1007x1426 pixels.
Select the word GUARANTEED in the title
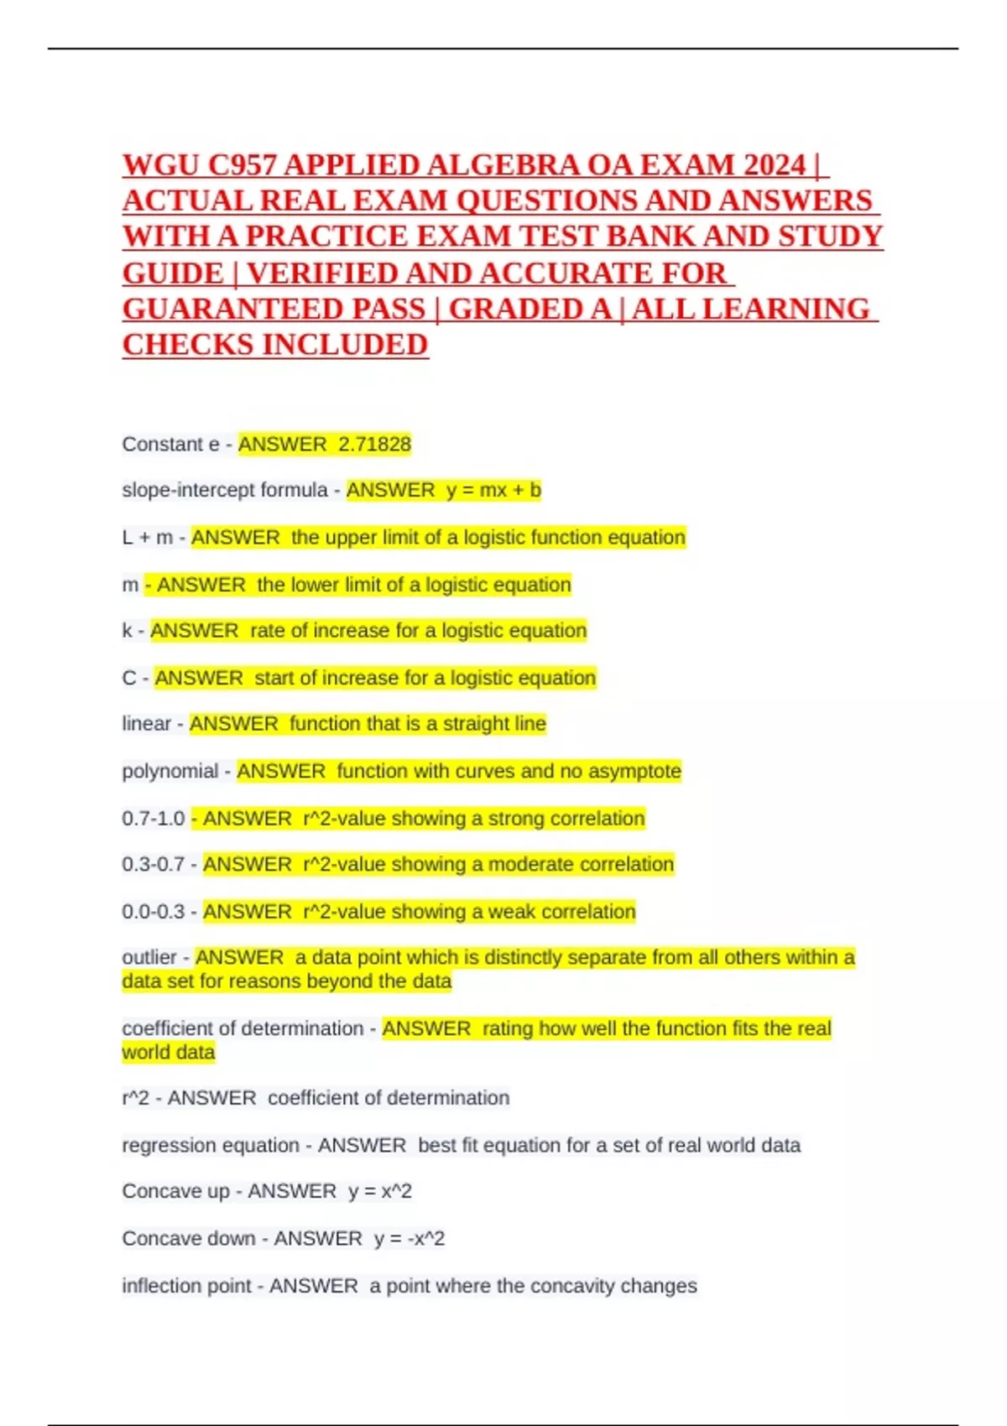(x=274, y=310)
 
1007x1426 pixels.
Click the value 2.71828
(x=374, y=445)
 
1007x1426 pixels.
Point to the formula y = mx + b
(x=493, y=490)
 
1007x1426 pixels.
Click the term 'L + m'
(x=147, y=538)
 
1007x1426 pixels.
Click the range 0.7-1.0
(x=154, y=819)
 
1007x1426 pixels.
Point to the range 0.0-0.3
(x=154, y=912)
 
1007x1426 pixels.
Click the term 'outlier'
(x=149, y=958)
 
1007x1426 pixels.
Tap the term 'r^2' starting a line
(x=136, y=1098)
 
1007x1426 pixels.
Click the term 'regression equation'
(x=211, y=1146)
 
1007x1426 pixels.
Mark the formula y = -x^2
(x=410, y=1239)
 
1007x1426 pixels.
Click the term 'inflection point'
(x=186, y=1286)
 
